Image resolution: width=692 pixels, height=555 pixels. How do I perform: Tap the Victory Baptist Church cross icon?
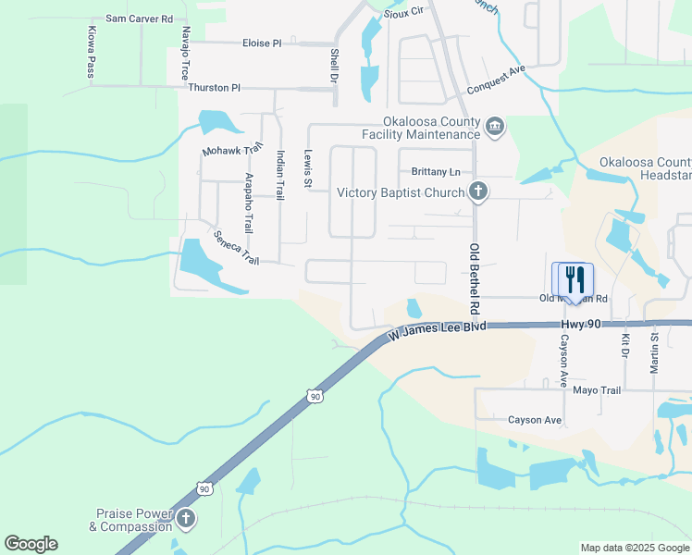tap(477, 192)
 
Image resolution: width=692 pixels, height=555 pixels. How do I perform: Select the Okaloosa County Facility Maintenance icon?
tap(495, 126)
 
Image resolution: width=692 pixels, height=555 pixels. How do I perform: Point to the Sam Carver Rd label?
tap(140, 18)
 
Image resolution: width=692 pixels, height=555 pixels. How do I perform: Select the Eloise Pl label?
tap(262, 43)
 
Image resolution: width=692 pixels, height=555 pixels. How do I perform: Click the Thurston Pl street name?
tap(214, 88)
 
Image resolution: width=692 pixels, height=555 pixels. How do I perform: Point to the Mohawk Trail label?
tap(233, 150)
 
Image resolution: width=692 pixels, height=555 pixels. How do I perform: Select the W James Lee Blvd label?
tap(437, 328)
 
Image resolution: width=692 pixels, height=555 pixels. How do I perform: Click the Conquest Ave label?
tap(496, 84)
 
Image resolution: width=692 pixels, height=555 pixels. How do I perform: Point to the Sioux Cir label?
tap(402, 10)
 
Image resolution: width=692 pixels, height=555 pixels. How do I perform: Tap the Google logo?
tap(31, 544)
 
